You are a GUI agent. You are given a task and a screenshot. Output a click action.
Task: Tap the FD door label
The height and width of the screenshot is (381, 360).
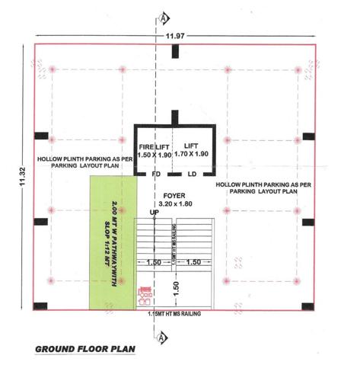(x=155, y=173)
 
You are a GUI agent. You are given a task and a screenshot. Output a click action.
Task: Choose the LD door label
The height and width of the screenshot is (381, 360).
(x=193, y=173)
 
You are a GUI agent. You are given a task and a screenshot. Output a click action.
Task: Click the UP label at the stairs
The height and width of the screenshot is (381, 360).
(x=155, y=213)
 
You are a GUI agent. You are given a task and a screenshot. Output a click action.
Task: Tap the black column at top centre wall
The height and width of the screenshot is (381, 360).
(x=175, y=52)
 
